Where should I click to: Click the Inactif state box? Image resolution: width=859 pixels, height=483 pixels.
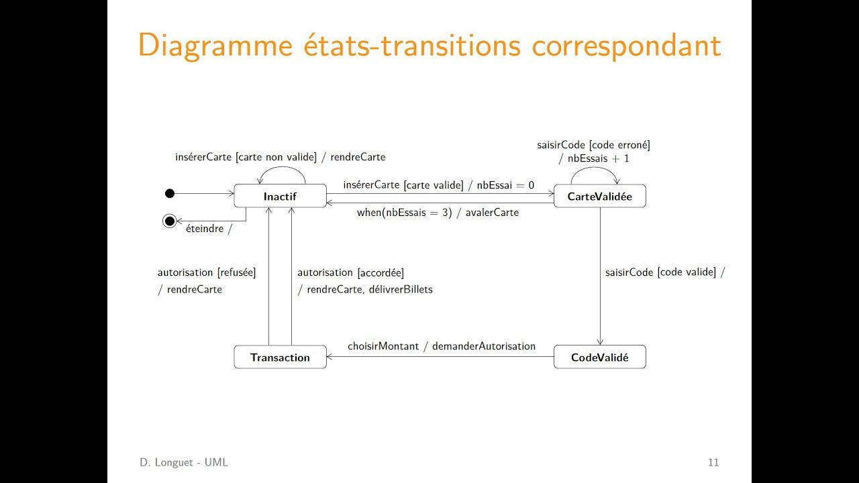pos(280,197)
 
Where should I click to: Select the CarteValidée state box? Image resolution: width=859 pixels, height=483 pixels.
pos(599,197)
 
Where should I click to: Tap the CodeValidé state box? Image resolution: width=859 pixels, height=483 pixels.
pos(599,358)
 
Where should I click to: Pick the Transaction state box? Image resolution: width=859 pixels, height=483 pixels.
pos(280,358)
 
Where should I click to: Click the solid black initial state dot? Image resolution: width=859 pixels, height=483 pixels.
pos(170,194)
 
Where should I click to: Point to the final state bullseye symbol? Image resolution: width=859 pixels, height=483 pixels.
pos(170,221)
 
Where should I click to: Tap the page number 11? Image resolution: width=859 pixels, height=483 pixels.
pos(713,462)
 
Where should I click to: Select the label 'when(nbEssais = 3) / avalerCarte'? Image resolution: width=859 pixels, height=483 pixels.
pos(438,213)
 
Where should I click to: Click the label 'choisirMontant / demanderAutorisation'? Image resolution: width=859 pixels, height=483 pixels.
pos(442,346)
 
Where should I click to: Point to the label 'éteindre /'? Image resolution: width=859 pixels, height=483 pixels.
pos(208,228)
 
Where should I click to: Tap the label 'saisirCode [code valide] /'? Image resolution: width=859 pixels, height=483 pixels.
pos(665,272)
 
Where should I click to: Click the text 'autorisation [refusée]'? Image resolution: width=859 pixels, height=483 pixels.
pos(207,272)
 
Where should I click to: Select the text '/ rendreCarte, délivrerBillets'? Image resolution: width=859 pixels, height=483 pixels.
pos(365,289)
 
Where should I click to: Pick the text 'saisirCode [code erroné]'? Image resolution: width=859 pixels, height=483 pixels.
pos(593,145)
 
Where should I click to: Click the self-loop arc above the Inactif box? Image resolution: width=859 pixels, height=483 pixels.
pos(283,168)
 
